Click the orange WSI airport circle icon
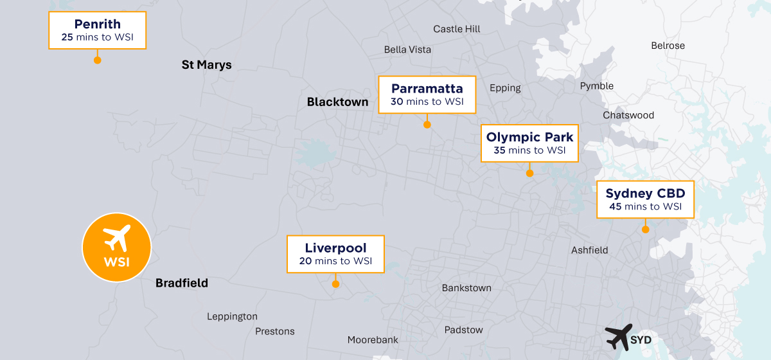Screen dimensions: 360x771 [116, 248]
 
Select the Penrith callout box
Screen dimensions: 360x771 [98, 30]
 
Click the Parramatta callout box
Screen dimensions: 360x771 [427, 94]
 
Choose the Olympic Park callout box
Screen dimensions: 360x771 [529, 143]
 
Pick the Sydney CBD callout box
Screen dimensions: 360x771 [645, 199]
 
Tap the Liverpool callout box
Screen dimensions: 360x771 [335, 254]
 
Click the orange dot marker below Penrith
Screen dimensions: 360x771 [98, 60]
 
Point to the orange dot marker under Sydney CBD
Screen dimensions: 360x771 [645, 229]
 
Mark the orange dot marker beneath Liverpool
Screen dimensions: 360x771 [335, 283]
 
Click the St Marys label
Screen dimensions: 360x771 [206, 65]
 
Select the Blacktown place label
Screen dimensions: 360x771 [337, 102]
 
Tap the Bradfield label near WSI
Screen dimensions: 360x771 [182, 283]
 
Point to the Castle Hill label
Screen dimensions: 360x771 [456, 29]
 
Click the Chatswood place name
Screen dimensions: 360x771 [628, 115]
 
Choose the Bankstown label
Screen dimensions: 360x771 [466, 288]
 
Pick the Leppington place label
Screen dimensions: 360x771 [232, 316]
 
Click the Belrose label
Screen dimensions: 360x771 [668, 46]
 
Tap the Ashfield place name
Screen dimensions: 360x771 [589, 250]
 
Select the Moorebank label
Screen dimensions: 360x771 [373, 339]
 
